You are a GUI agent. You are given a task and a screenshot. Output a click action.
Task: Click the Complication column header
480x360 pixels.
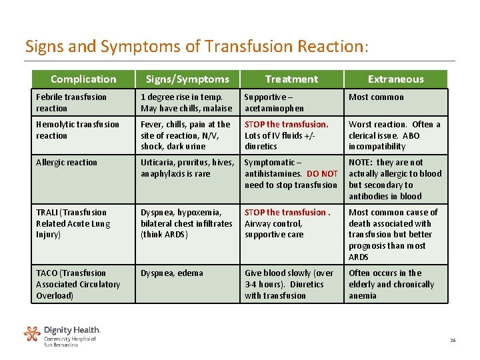(x=83, y=79)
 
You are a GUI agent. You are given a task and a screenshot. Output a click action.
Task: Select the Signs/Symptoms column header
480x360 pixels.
(x=187, y=79)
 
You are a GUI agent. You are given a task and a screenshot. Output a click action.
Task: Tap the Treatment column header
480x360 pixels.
(x=291, y=79)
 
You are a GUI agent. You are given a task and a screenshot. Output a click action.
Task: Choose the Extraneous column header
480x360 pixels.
(x=395, y=79)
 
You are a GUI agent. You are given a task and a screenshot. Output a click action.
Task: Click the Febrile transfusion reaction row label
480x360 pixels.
(x=71, y=102)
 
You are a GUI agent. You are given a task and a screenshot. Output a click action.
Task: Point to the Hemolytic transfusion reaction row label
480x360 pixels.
(x=78, y=129)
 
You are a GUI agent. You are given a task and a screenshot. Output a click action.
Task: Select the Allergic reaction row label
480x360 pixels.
(x=67, y=162)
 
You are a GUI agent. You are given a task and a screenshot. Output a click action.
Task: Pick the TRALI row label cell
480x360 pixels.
(x=73, y=223)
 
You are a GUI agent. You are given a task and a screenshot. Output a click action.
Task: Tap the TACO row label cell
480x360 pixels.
(x=78, y=284)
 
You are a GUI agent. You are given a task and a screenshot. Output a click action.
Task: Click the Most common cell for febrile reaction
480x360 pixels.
(x=376, y=97)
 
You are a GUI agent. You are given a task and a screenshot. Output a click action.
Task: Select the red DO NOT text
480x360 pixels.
(x=322, y=173)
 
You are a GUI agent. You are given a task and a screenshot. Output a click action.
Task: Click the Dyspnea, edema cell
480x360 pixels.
(x=172, y=273)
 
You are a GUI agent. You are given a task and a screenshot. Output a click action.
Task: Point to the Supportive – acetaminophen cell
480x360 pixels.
(x=274, y=102)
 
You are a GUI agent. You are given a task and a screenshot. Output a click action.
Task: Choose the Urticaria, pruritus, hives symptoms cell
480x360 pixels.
(x=187, y=167)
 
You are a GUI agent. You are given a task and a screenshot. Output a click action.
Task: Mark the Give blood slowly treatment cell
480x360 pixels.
(x=289, y=284)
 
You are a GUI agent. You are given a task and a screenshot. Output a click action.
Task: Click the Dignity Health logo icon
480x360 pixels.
(x=32, y=333)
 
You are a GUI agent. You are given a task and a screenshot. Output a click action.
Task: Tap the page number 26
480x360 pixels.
(x=453, y=340)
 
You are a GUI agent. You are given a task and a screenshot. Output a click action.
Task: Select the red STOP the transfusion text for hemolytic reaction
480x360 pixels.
(x=287, y=124)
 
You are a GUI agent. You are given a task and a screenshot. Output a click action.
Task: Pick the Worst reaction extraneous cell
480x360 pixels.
(x=395, y=135)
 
